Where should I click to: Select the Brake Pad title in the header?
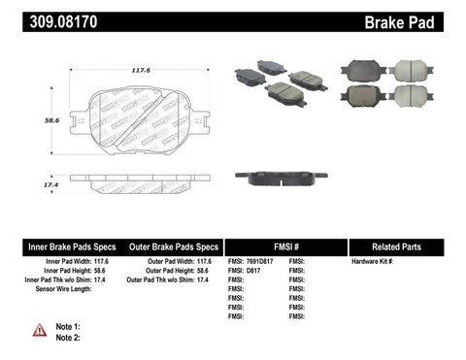[x=423, y=19]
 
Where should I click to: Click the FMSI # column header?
[x=285, y=246]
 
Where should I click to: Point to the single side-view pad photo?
[x=281, y=178]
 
